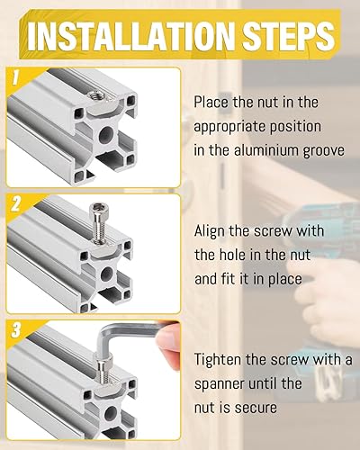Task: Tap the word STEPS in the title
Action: tap(288, 37)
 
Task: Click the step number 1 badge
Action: tap(15, 77)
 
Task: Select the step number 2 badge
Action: tap(16, 204)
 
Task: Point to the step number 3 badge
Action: tap(15, 329)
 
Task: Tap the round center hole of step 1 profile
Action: tap(106, 135)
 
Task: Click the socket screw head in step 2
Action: tap(99, 208)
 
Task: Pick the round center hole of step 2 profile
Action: tap(106, 274)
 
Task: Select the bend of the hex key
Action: tap(105, 332)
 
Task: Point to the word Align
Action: tap(210, 232)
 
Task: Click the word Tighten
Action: tap(218, 361)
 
